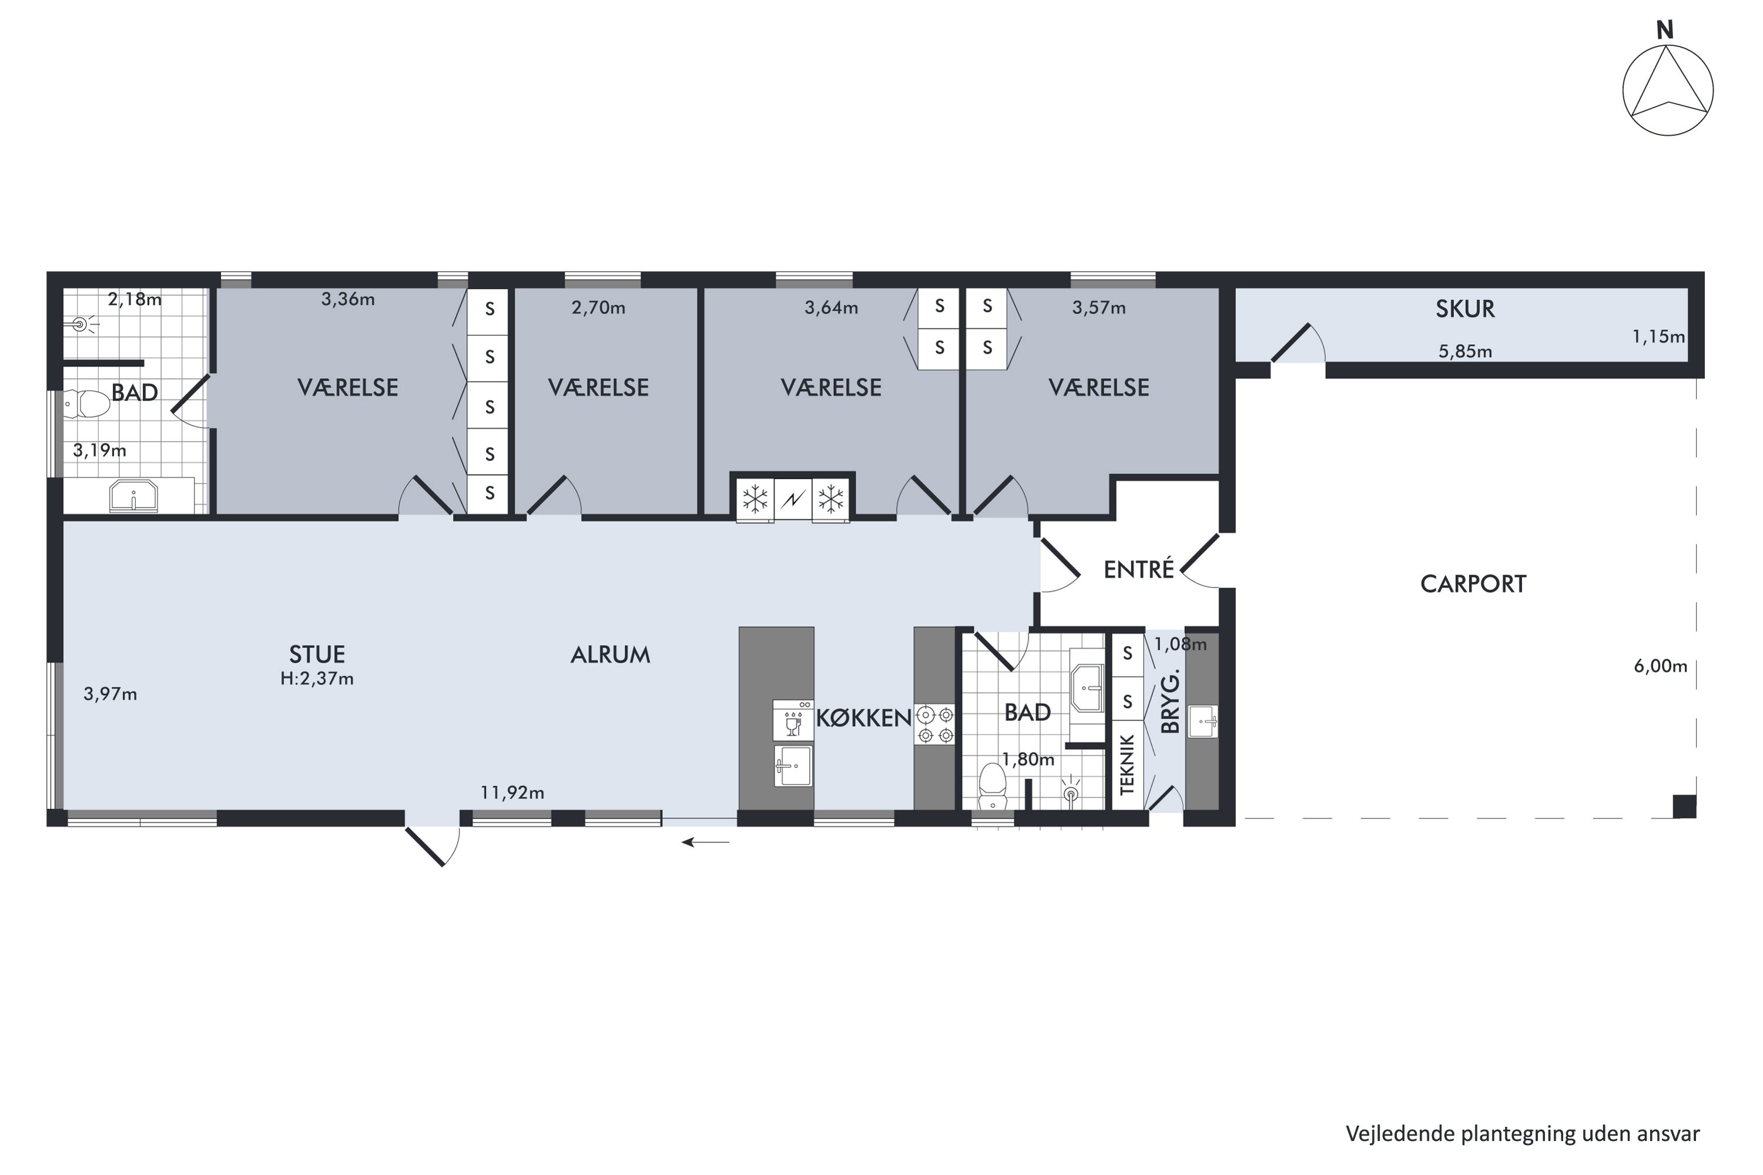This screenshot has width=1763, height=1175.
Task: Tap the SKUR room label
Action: point(1466,310)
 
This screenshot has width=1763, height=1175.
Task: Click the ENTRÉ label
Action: point(1139,569)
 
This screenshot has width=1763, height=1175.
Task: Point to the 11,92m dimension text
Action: point(512,793)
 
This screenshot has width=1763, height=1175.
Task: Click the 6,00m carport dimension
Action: point(1660,666)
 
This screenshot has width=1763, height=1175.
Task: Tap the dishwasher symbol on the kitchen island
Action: point(793,720)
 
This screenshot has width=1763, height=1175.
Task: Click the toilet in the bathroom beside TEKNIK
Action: point(993,786)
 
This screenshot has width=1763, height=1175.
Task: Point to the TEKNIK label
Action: point(1127,764)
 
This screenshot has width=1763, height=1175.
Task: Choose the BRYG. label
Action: point(1170,701)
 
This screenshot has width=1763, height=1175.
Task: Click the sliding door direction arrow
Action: point(705,842)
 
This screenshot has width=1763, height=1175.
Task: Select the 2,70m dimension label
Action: point(598,308)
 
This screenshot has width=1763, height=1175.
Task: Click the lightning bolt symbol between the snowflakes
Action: point(792,498)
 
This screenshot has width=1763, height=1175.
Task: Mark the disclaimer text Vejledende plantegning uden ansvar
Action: point(1523,1134)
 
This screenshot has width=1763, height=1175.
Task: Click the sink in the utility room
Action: point(1202,721)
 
